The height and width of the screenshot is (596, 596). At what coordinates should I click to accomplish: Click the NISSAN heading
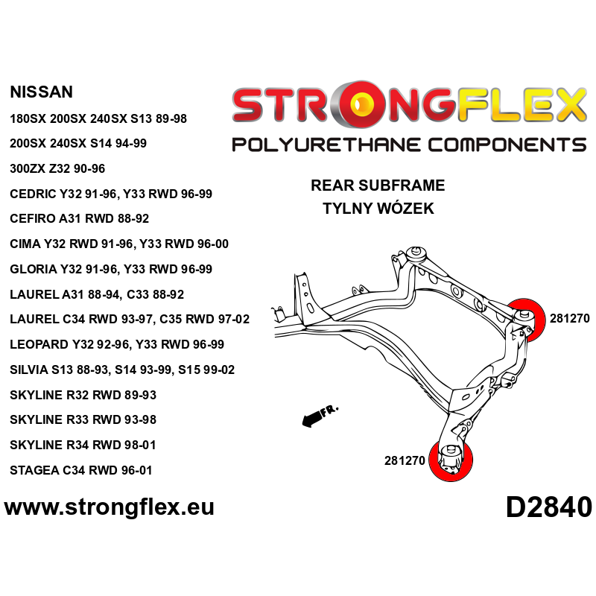click(42, 92)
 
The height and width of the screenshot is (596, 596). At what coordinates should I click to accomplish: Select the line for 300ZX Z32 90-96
click(57, 168)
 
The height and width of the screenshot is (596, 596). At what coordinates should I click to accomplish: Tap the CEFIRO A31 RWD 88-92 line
click(80, 219)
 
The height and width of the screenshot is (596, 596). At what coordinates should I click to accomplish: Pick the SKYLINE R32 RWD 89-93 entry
click(83, 395)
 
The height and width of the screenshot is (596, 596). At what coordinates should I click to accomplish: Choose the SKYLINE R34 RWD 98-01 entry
click(83, 445)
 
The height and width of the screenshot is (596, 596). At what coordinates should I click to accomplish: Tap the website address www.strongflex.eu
click(110, 507)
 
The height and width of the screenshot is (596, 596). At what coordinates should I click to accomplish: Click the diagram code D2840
click(548, 507)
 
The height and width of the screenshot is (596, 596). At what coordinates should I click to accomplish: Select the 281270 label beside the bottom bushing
click(405, 460)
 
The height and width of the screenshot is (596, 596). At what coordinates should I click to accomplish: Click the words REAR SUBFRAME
click(378, 186)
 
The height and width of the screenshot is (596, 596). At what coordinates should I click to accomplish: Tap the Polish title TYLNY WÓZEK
click(378, 209)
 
